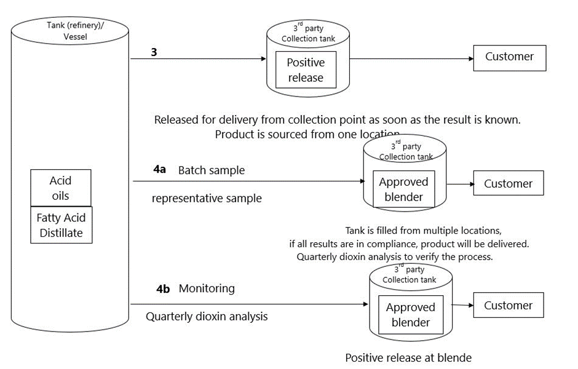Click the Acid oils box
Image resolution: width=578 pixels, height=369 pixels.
point(61,188)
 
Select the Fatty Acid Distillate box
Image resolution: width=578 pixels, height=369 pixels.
point(61,225)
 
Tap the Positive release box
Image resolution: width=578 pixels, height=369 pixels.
point(306,70)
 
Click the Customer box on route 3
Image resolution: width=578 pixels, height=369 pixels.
point(509,57)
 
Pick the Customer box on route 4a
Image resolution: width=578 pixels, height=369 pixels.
point(508,184)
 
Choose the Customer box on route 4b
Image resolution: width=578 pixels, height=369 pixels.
point(508,306)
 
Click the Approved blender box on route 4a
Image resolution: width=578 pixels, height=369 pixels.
point(403,189)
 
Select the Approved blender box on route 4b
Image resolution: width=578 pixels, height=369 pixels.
point(410,315)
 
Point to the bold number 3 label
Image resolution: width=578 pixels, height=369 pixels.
point(154,53)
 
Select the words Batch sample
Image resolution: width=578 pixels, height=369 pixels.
point(212,170)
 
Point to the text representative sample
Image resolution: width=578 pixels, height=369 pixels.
point(207,198)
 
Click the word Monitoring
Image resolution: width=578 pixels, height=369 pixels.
point(207,288)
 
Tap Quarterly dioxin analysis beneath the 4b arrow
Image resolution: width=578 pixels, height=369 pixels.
point(207,317)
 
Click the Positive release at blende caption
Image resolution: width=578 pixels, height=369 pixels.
point(408,357)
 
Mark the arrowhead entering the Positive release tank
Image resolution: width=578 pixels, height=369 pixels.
point(263,59)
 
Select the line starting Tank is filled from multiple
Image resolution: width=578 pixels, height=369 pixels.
point(423,231)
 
